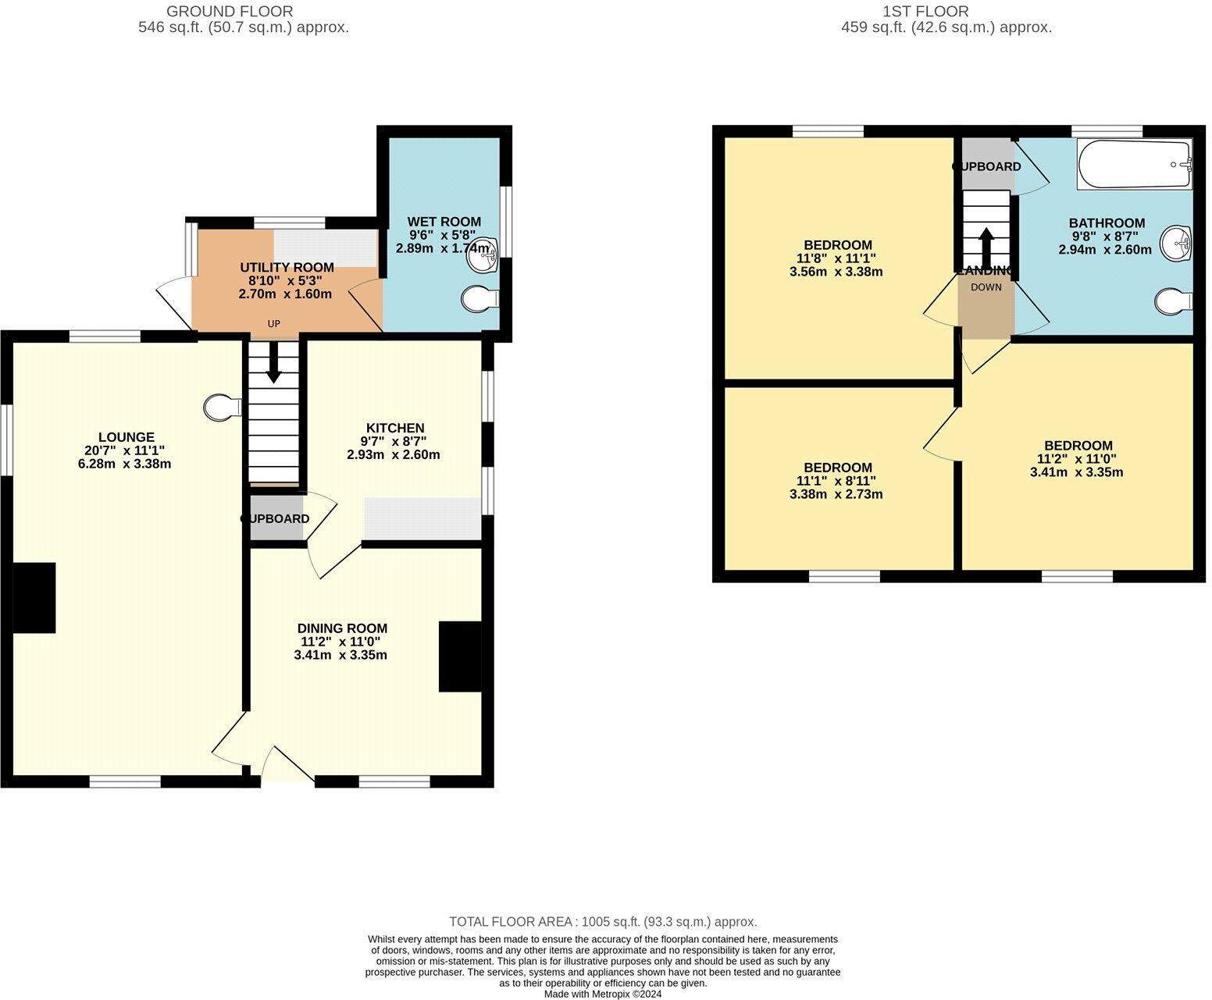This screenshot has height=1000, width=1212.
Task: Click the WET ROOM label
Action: click(444, 222)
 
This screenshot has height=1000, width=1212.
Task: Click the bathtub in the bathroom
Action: click(1135, 164)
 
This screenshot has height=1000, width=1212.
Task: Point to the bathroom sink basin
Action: click(1177, 244)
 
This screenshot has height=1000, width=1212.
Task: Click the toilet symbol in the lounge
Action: click(222, 407)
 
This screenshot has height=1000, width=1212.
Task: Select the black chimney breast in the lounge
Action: click(34, 597)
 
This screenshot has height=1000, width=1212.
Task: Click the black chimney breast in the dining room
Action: click(460, 656)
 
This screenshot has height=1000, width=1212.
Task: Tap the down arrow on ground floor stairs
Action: click(273, 365)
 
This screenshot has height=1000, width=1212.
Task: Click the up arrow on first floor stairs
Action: click(986, 247)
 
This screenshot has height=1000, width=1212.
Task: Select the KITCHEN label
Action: click(395, 428)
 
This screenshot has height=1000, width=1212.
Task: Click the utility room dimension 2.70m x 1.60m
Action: click(285, 294)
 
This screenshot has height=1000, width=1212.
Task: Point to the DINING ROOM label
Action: click(342, 628)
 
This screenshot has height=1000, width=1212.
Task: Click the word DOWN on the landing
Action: click(986, 287)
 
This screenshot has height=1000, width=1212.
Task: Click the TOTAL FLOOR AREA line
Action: click(603, 922)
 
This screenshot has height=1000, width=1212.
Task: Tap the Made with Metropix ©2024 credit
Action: click(603, 994)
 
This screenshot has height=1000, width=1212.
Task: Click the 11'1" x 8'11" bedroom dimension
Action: click(836, 481)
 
